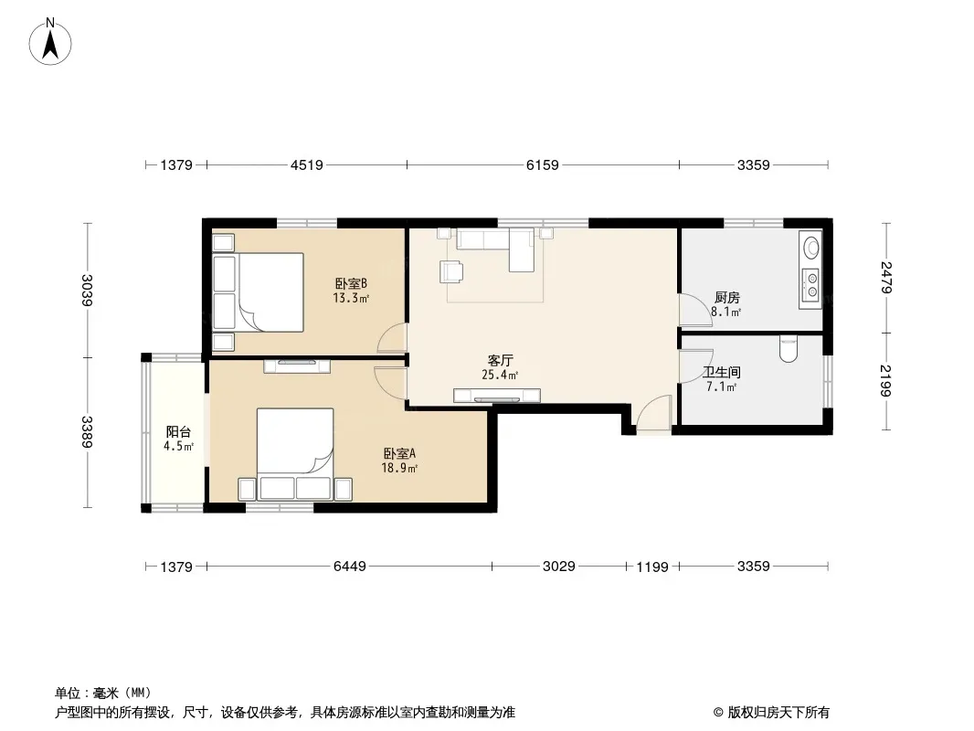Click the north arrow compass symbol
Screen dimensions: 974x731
coord(50,42)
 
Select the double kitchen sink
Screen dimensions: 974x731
coord(810,286)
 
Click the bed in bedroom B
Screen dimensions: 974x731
coord(259,291)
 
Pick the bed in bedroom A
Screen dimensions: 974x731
coord(295,453)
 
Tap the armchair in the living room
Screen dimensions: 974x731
coord(451,271)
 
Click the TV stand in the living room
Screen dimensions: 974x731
coord(497,395)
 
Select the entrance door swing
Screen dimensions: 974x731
coord(654,413)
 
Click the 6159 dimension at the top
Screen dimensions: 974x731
coord(543,165)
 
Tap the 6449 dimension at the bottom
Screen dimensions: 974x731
coord(350,567)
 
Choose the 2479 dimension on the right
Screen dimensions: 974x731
coord(886,278)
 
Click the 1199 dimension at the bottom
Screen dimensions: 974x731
coord(652,567)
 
